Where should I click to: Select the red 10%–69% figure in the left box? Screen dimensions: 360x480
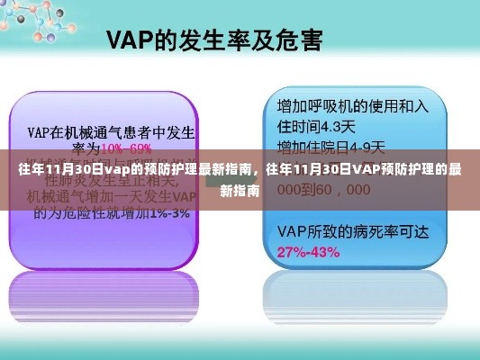(x=127, y=148)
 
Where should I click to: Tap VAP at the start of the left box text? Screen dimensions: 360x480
(x=41, y=131)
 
